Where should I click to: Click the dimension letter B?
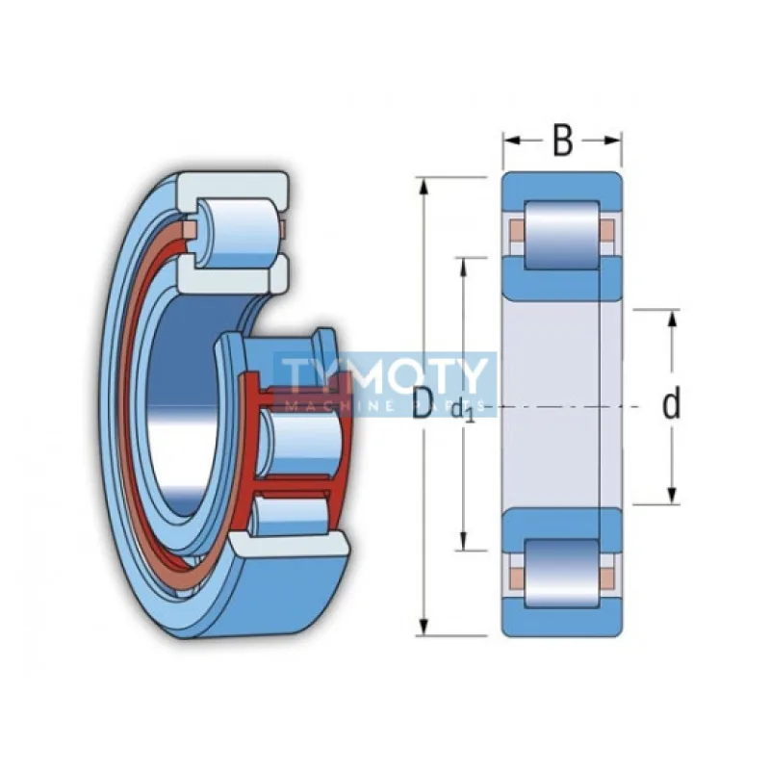[x=562, y=141]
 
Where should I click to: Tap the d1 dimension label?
[x=463, y=411]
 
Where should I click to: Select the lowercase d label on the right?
[x=671, y=402]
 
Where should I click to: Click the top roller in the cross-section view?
[x=562, y=235]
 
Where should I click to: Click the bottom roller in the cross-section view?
[x=562, y=574]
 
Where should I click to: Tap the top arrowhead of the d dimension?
[x=673, y=321]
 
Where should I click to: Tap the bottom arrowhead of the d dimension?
[x=673, y=495]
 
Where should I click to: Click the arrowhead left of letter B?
[x=512, y=141]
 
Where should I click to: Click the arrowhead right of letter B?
[x=612, y=141]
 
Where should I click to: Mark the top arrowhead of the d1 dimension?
[x=463, y=268]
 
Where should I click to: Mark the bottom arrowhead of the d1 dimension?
[x=463, y=541]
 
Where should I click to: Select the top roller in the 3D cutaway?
[x=240, y=232]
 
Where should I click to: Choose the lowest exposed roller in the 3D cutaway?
[x=289, y=517]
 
